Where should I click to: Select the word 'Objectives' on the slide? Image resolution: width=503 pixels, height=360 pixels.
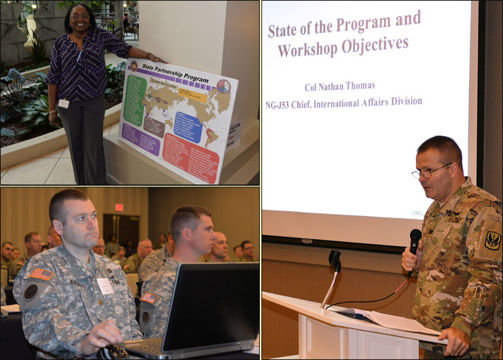click(x=381, y=45)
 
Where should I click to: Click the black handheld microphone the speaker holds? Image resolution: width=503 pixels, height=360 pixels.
click(x=414, y=242)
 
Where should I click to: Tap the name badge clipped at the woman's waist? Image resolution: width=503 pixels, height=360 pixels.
click(x=64, y=103)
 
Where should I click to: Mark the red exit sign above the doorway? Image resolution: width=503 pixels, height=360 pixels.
click(x=119, y=207)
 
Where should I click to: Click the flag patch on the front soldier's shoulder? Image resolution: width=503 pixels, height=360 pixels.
click(x=41, y=274)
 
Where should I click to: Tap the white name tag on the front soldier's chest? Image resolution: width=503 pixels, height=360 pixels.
click(x=105, y=285)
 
